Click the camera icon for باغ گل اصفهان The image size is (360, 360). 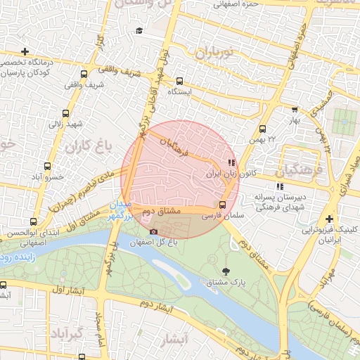pos(154,231)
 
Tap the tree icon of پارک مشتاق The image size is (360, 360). pos(225,271)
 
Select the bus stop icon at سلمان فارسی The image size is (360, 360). pos(222,205)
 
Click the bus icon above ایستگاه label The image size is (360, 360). pos(179,81)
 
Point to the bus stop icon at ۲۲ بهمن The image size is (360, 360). pos(262,129)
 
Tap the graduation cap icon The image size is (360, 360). pos(139,31)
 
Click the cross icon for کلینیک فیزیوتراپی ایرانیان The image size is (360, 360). pos(329,219)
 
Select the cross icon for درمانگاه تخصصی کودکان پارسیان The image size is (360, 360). pos(25,51)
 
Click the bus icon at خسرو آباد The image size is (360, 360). pos(47,167)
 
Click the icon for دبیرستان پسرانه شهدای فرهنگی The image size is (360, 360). pos(279,186)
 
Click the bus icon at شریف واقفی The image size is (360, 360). pos(84,74)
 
